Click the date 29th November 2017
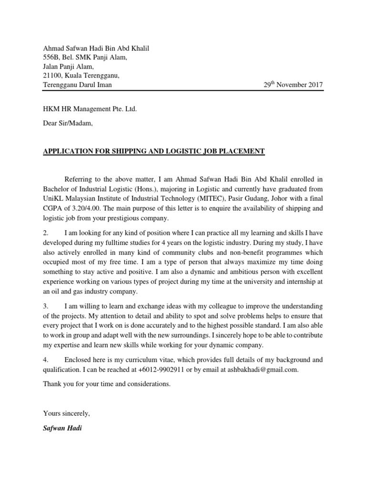pos(293,85)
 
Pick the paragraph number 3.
pos(46,305)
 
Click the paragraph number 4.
pos(46,360)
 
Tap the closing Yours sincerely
pos(66,413)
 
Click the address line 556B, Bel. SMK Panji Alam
pos(85,58)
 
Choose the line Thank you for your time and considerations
pos(106,383)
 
